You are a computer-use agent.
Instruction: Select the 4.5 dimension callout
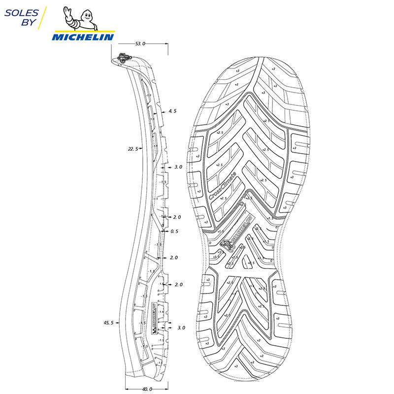(x=172, y=111)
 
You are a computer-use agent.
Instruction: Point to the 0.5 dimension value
(x=174, y=231)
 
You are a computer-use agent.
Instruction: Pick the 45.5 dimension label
(x=108, y=323)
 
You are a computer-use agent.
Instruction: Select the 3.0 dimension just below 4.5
(x=178, y=167)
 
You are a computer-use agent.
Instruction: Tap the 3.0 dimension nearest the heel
(x=181, y=328)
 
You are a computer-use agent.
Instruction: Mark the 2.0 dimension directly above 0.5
(x=177, y=217)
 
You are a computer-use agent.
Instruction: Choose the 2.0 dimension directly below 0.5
(x=173, y=258)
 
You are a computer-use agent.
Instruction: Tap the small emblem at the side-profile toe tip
(x=123, y=58)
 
